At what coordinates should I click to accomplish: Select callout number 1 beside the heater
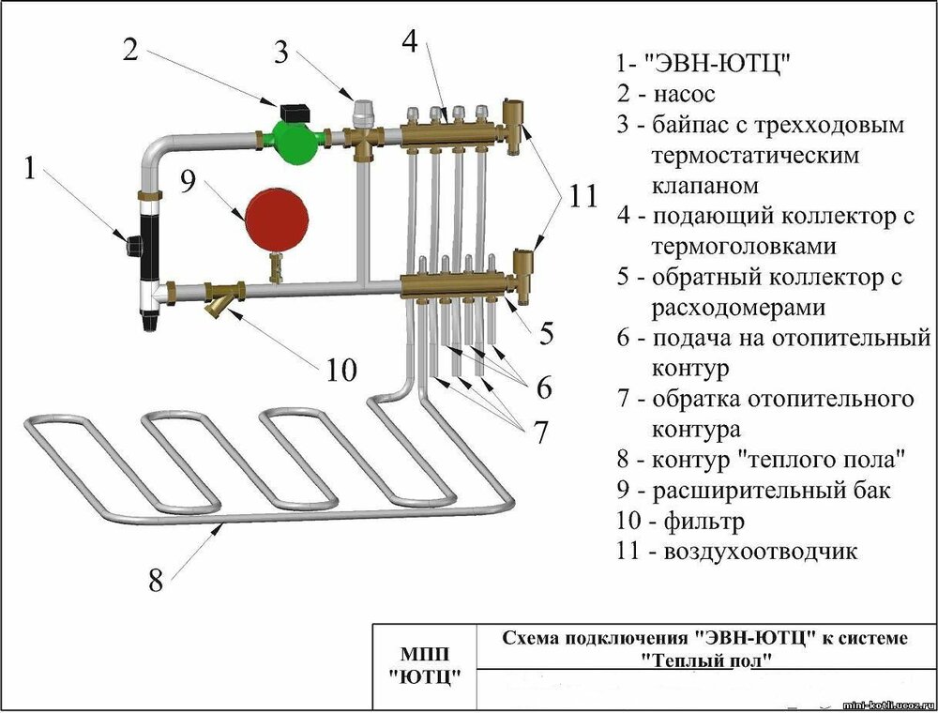pyautogui.click(x=31, y=169)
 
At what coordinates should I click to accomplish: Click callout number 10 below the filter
pyautogui.click(x=341, y=371)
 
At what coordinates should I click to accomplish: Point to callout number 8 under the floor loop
pyautogui.click(x=155, y=579)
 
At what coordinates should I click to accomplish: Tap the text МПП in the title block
pyautogui.click(x=423, y=654)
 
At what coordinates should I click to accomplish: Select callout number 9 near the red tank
pyautogui.click(x=189, y=180)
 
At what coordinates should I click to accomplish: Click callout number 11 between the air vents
pyautogui.click(x=582, y=197)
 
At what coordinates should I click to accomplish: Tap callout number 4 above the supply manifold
pyautogui.click(x=411, y=41)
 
